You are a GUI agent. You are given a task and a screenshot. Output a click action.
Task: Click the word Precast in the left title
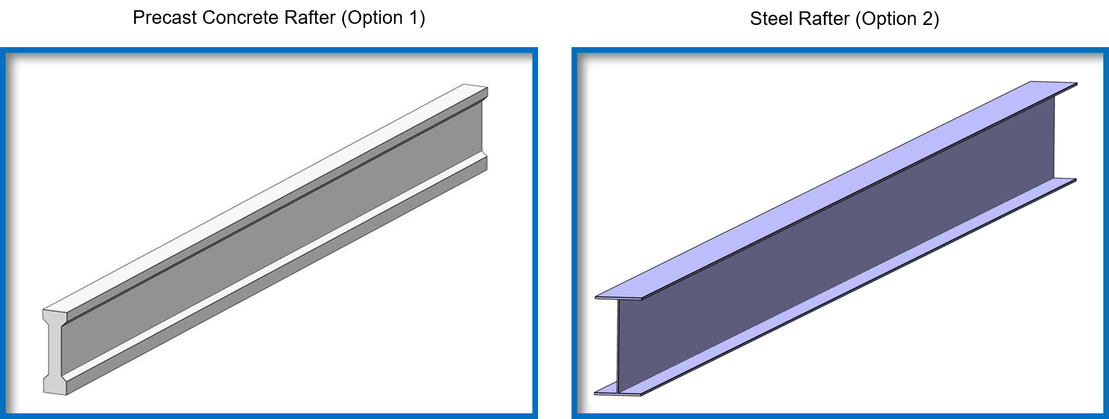click(x=165, y=18)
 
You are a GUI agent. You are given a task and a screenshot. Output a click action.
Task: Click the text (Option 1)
click(x=383, y=18)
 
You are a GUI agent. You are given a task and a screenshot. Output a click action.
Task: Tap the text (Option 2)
click(x=897, y=19)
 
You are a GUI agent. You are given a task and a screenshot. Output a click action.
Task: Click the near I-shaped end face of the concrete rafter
click(x=54, y=352)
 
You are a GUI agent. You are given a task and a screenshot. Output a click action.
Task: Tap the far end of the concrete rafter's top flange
click(x=476, y=87)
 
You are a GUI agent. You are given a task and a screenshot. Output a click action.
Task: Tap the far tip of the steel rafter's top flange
click(x=1076, y=83)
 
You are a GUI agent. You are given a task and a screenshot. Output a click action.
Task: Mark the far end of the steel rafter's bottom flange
click(x=1075, y=180)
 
